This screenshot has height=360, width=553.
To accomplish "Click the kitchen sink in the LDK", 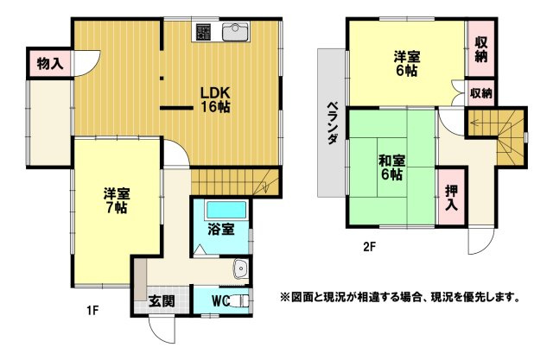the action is [x=235, y=33].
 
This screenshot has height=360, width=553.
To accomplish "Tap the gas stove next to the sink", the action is [x=203, y=32].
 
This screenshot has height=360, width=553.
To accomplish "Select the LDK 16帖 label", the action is [x=215, y=99].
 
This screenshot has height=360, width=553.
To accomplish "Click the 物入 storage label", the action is [x=50, y=64].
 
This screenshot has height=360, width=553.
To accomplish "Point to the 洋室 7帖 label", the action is [x=117, y=201].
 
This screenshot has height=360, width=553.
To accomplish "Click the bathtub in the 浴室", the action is [x=226, y=211].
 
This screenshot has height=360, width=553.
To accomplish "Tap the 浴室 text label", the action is [x=221, y=230].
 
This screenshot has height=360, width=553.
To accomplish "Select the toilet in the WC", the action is [x=240, y=300].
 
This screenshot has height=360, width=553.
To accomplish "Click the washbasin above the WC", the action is [x=240, y=269].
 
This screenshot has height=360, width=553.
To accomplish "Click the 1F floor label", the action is [x=92, y=310].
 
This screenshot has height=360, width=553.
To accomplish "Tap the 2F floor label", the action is [x=369, y=247].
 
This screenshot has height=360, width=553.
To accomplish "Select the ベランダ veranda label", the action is [x=332, y=123].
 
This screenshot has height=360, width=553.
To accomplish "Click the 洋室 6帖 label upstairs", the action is [x=407, y=63].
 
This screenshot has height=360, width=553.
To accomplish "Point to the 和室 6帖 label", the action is [x=391, y=167].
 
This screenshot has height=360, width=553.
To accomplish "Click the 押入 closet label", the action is [x=451, y=198].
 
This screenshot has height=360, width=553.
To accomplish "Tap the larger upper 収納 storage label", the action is [x=481, y=49].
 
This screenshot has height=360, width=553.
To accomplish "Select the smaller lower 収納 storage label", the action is [x=481, y=93].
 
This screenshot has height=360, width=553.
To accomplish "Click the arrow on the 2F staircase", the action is [x=481, y=123].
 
